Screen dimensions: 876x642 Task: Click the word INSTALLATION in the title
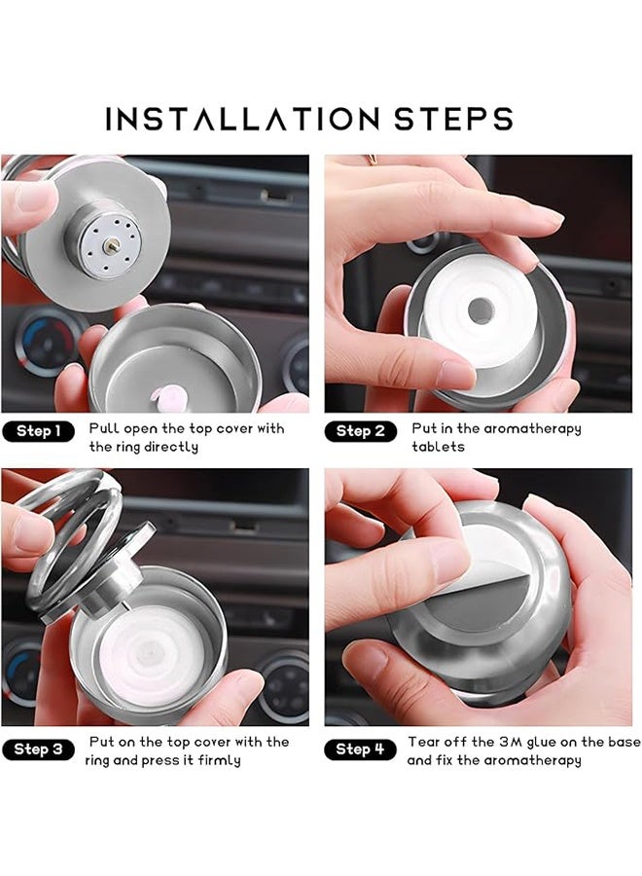click(x=241, y=119)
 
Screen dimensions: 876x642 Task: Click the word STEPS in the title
click(x=453, y=119)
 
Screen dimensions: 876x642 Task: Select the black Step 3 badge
click(x=38, y=749)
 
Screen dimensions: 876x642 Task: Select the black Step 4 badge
click(x=361, y=749)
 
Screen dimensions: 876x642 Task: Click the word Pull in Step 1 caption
click(x=104, y=428)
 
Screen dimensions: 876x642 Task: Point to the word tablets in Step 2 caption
click(x=438, y=447)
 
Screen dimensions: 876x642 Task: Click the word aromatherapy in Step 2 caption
click(x=534, y=429)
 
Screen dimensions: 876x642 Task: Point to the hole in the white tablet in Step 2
click(x=481, y=311)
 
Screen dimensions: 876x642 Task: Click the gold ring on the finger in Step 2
click(x=373, y=159)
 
